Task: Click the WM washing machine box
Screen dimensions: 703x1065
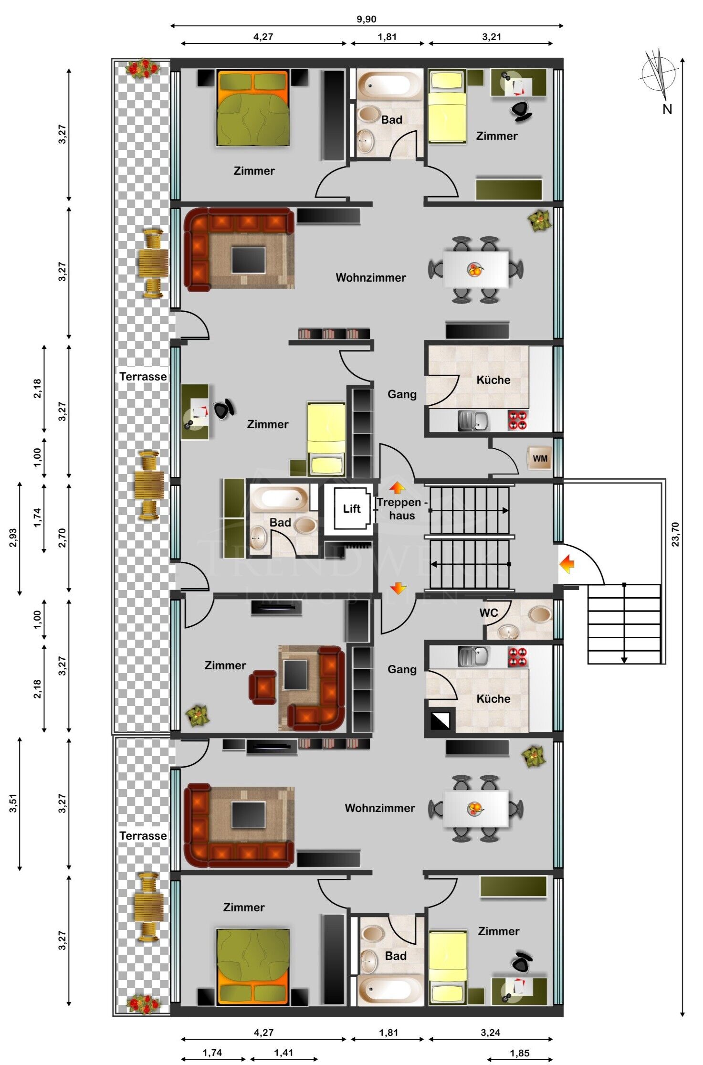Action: [x=540, y=458]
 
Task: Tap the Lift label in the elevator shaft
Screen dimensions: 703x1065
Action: [x=352, y=508]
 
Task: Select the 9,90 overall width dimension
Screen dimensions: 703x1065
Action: [x=366, y=19]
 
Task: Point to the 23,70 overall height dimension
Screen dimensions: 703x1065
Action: [x=675, y=534]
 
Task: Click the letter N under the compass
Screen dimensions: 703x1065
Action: [x=667, y=109]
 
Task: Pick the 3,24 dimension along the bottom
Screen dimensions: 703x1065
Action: [x=490, y=1032]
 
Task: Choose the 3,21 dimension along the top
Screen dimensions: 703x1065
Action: [x=491, y=37]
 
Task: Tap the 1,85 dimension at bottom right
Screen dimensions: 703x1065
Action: [x=519, y=1053]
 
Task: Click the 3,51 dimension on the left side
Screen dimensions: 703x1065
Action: [x=13, y=803]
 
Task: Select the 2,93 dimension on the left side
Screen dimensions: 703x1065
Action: [x=13, y=538]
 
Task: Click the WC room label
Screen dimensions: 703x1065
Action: [x=489, y=612]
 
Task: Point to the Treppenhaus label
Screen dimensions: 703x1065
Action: [x=401, y=509]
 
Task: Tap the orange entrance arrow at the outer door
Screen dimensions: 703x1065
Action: [x=567, y=564]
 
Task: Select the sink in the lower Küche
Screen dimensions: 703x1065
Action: [x=473, y=656]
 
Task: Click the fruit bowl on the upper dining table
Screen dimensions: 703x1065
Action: [x=475, y=270]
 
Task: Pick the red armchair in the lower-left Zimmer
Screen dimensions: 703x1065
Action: [x=262, y=687]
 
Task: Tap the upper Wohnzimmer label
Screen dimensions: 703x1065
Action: [x=371, y=277]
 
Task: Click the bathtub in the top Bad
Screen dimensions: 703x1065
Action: [x=389, y=85]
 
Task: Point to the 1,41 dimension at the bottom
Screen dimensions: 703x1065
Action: [x=283, y=1053]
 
